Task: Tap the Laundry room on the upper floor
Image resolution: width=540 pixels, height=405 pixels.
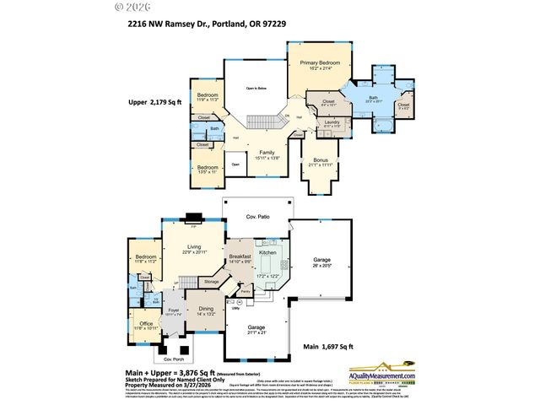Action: point(330,122)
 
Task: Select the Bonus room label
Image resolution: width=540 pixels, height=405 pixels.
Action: point(320,160)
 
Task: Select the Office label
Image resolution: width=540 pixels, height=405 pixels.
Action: point(146,324)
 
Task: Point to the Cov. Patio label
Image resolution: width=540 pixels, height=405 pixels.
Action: point(257,217)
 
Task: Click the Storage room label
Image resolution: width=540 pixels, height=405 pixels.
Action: point(211,281)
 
